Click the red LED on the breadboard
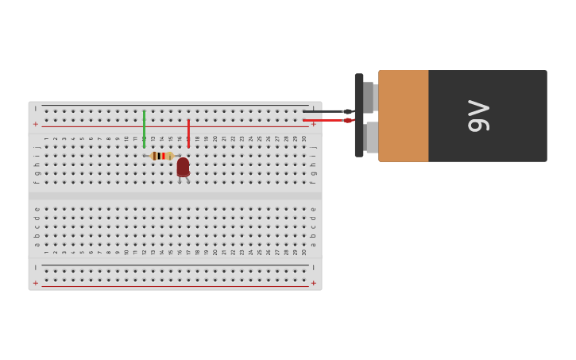coord(183,166)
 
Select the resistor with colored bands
coord(161,156)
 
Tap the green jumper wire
coord(144,129)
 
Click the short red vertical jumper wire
coord(188,132)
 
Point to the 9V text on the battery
coord(478,116)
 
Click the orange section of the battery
coord(403,116)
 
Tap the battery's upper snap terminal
coord(369,97)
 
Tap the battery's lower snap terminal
coord(371,137)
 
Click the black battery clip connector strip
coord(359,115)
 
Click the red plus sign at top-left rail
coord(35,124)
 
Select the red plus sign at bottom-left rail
coord(35,283)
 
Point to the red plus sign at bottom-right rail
coord(314,283)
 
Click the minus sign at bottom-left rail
coord(35,268)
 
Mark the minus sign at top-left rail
coord(35,109)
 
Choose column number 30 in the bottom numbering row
coord(304,252)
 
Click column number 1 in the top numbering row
coord(46,138)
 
